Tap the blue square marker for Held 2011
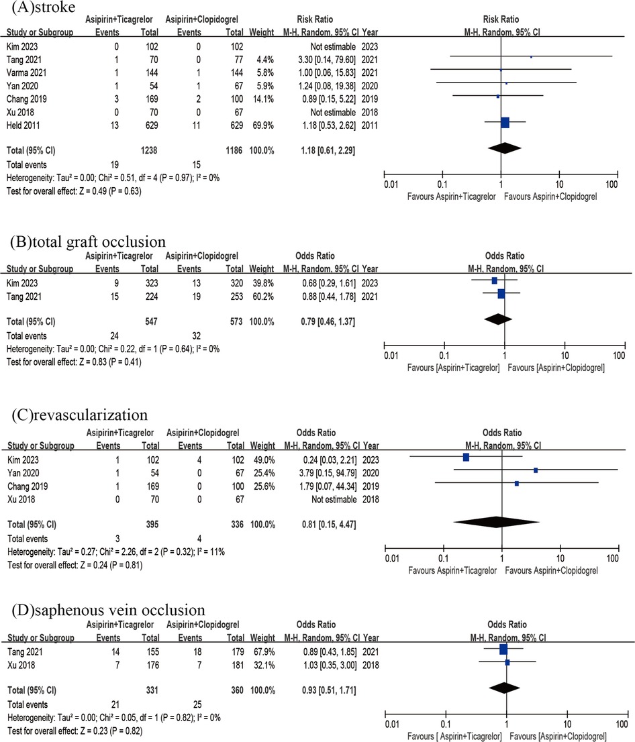point(505,122)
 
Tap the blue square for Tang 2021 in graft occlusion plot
point(501,293)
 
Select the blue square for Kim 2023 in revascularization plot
point(466,458)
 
